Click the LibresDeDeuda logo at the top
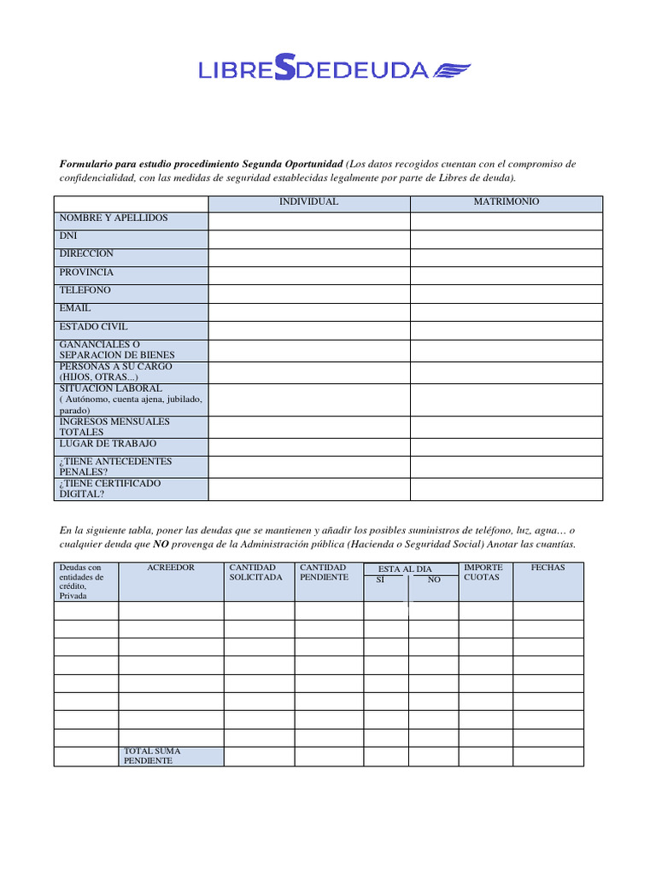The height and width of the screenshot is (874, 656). (334, 69)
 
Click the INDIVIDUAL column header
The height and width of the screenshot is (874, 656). (308, 202)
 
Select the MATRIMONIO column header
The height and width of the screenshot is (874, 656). (507, 202)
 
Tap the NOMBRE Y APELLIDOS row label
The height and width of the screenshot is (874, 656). (114, 218)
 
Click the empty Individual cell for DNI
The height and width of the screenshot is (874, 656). (308, 239)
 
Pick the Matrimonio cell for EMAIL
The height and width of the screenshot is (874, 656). (507, 312)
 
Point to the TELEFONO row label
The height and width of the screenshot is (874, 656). (85, 290)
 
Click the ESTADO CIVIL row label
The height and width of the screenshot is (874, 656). (94, 327)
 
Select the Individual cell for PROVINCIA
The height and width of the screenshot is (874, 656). (308, 276)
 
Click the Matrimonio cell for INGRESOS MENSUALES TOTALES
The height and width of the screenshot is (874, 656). (507, 427)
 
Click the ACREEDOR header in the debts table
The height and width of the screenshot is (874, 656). (171, 568)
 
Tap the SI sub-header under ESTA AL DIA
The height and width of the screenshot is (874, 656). (381, 580)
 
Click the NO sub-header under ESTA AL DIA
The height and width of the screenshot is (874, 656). (434, 580)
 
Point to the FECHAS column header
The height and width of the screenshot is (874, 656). (548, 568)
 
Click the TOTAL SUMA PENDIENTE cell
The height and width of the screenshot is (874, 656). (171, 756)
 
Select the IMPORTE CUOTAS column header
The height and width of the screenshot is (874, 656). (483, 573)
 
